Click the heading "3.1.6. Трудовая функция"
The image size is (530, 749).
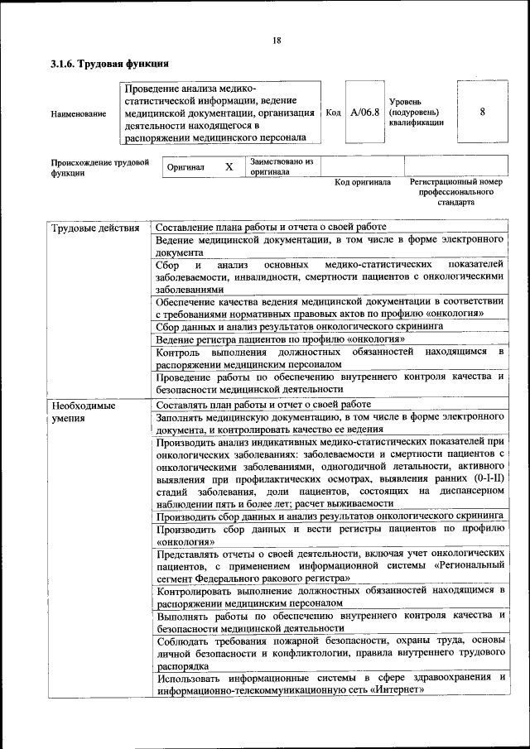click(x=109, y=63)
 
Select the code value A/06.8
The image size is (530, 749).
click(x=364, y=113)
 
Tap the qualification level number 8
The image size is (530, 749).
click(x=482, y=112)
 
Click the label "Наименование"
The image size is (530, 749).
click(x=79, y=113)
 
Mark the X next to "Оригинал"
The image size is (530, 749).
click(x=229, y=166)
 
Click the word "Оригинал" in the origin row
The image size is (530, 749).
click(x=185, y=167)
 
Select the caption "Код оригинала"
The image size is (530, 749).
click(x=363, y=182)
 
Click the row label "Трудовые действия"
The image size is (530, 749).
click(x=94, y=228)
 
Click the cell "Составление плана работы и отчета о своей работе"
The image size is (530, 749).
click(x=270, y=228)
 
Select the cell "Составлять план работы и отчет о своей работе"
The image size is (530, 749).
click(x=263, y=405)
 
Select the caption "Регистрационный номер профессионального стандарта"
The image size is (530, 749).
click(x=456, y=191)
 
